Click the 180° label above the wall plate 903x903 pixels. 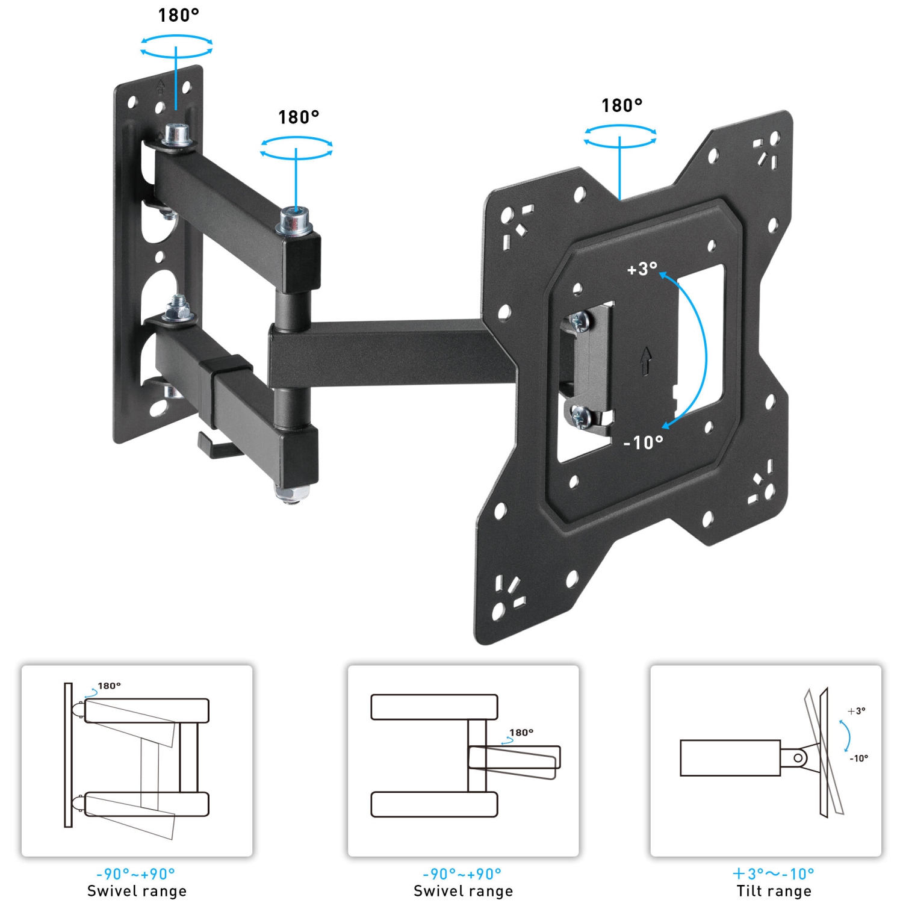click(x=178, y=15)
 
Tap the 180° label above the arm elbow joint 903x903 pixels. click(x=299, y=117)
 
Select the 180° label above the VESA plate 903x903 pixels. click(x=622, y=105)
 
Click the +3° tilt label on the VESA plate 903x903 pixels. click(x=642, y=268)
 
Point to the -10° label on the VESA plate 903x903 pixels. click(x=643, y=442)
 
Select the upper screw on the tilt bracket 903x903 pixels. click(x=580, y=321)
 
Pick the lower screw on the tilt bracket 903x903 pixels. click(x=582, y=416)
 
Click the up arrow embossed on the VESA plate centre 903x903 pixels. click(x=646, y=360)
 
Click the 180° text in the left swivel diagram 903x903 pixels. click(x=110, y=686)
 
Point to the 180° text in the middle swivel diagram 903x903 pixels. click(x=521, y=733)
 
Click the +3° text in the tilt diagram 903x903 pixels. click(x=856, y=711)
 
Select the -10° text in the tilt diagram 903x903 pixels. click(x=859, y=759)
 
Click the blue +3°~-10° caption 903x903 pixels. click(x=774, y=874)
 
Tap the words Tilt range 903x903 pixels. click(x=774, y=891)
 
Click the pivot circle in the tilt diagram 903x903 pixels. click(x=798, y=758)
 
